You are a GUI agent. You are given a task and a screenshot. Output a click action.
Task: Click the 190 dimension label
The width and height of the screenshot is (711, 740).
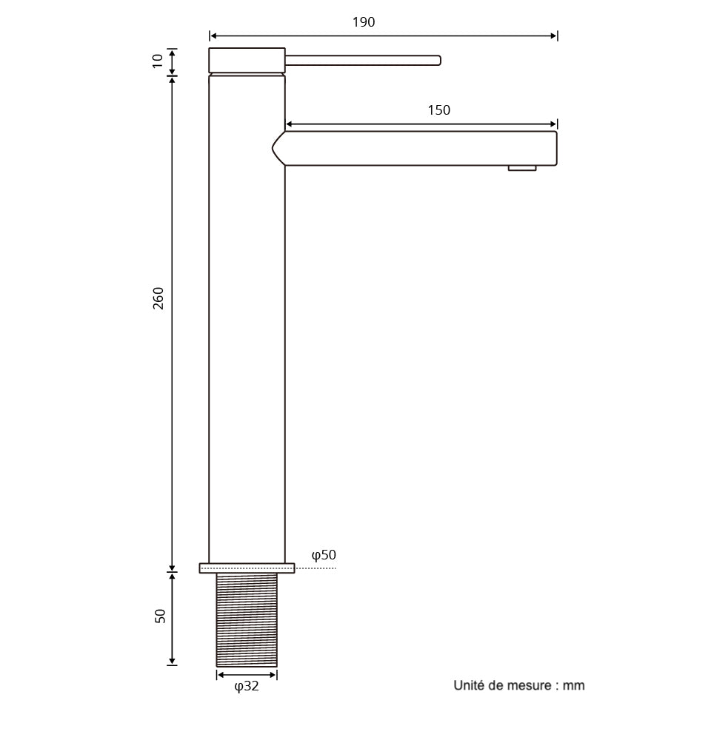(x=363, y=22)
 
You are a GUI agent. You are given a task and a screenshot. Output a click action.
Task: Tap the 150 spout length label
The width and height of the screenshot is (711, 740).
(x=438, y=110)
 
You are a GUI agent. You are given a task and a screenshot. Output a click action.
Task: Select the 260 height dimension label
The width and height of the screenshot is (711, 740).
(x=158, y=297)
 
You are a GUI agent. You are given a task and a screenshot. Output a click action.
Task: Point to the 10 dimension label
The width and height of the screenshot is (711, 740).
(x=158, y=61)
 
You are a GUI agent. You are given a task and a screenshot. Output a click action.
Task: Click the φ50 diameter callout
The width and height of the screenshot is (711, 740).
(x=324, y=555)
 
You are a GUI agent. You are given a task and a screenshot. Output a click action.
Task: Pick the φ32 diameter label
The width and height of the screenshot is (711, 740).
(x=247, y=687)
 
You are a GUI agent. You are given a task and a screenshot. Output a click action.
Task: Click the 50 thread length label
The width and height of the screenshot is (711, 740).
(x=160, y=616)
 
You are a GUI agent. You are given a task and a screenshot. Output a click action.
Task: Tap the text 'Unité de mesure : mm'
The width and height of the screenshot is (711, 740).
(x=518, y=685)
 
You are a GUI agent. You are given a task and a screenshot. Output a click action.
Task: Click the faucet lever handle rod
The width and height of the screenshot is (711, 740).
(x=363, y=60)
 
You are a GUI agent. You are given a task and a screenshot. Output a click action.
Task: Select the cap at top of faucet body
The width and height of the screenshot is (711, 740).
(x=247, y=61)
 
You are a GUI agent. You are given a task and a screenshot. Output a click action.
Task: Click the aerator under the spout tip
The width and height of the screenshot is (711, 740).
(x=522, y=169)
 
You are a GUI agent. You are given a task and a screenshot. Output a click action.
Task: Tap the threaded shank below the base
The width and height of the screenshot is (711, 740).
(x=247, y=619)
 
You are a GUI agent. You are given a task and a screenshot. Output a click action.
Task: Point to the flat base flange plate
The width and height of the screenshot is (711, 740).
(x=247, y=568)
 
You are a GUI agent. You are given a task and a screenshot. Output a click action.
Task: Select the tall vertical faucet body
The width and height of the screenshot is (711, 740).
(x=247, y=318)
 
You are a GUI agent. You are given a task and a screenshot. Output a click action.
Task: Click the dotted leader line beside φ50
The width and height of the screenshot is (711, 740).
(x=316, y=568)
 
